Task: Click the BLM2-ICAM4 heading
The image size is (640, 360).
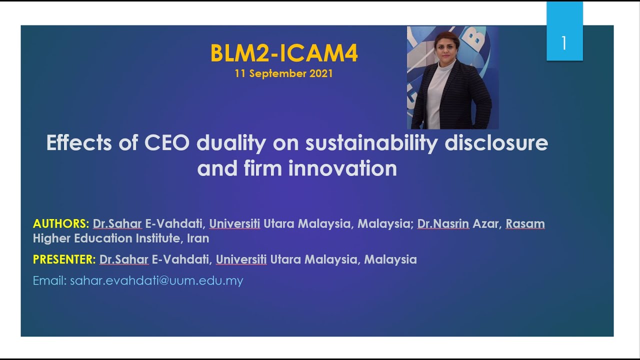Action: coord(284,54)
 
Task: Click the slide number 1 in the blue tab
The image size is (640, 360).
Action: coord(564,43)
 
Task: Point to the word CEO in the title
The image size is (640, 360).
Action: coord(167,143)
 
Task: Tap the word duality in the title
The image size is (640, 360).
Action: coord(231,143)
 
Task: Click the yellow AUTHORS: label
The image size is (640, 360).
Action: coord(61,223)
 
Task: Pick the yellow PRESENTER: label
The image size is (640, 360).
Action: coord(64,259)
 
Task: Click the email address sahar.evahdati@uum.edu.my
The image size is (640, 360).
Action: coord(156,280)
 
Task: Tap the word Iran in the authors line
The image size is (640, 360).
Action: coord(198,238)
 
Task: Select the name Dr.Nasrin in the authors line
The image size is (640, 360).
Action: coord(443,223)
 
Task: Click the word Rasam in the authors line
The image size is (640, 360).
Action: coord(525,223)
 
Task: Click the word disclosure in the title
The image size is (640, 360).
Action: coord(496,143)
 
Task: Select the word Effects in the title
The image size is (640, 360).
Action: coord(79,143)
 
